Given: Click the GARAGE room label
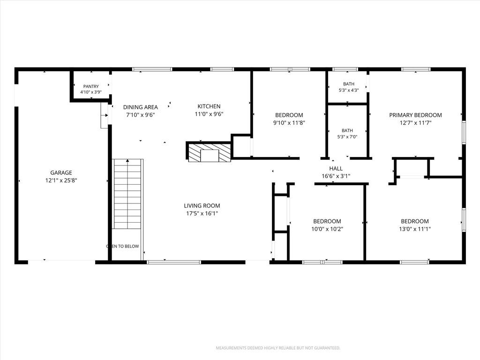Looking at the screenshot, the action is point(61,172).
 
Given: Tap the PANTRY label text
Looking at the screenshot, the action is point(91,86).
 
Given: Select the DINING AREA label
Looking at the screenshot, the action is point(141,107).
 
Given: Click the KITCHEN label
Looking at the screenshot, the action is point(209,106).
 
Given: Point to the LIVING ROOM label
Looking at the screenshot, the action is point(202,206).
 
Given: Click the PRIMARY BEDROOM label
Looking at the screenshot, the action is point(415,115).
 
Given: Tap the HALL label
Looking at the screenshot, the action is point(336,168).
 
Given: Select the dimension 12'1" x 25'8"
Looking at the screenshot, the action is point(61,180).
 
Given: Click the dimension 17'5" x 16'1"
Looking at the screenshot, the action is point(202,213).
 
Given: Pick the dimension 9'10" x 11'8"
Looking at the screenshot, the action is point(289,123).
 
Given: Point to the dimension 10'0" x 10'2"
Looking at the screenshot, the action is point(327,229).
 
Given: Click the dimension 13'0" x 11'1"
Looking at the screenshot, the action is point(415,229).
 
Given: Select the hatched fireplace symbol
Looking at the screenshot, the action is point(209,152).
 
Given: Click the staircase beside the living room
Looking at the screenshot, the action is point(127,194).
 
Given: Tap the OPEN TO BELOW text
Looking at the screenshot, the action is point(122,246).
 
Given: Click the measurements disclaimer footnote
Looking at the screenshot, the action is point(278,348).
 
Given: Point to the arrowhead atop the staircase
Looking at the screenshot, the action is point(127,160).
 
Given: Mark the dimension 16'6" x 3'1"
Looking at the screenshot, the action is point(336,176).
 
